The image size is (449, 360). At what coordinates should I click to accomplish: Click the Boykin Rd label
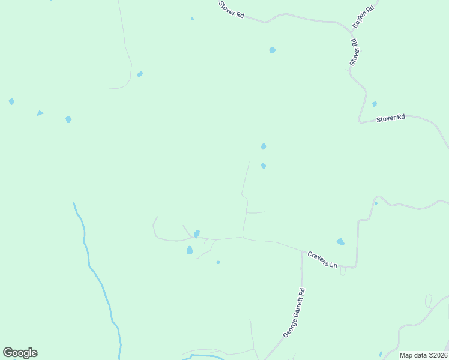(x=364, y=17)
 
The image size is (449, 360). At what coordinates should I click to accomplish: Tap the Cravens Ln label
(x=323, y=259)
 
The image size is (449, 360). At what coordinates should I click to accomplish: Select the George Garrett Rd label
(x=294, y=313)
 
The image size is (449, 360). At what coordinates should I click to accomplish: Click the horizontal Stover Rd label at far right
(x=391, y=118)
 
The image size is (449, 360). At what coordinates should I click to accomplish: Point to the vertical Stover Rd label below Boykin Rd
(x=354, y=52)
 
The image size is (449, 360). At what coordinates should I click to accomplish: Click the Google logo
(x=20, y=353)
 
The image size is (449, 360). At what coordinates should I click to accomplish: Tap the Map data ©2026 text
(x=422, y=355)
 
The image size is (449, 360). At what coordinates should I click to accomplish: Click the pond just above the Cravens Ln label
(x=340, y=242)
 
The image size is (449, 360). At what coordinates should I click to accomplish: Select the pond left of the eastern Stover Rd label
(x=374, y=104)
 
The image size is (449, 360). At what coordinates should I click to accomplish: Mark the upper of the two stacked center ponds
(x=264, y=146)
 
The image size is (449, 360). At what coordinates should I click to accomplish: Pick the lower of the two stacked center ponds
(x=264, y=166)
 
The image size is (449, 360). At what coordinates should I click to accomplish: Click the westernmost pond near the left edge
(x=11, y=101)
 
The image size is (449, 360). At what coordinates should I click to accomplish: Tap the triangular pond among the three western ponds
(x=40, y=113)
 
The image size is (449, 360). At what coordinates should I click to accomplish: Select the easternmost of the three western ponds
(x=68, y=119)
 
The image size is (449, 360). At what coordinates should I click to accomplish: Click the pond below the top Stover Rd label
(x=272, y=50)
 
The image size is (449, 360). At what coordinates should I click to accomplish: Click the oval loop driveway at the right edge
(x=428, y=301)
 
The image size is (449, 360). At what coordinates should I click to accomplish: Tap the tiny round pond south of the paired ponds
(x=218, y=262)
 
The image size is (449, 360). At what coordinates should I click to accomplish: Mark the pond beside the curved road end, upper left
(x=140, y=74)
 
